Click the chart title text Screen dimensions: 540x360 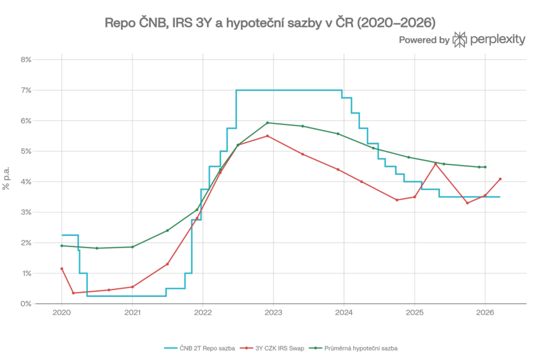270,23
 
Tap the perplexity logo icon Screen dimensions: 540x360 459,40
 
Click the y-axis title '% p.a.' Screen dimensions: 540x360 6,178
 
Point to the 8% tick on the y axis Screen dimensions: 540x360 26,60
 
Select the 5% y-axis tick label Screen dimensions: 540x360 26,151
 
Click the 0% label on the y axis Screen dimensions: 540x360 26,304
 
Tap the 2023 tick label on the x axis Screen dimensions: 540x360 273,313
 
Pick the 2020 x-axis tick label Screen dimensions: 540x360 62,313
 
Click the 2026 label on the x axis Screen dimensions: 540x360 485,313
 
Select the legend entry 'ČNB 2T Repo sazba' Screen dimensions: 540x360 199,348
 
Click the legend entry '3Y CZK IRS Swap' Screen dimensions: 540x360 272,348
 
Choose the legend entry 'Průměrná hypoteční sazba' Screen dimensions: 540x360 353,348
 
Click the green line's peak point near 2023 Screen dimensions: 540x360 267,123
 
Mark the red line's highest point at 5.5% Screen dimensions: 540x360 267,136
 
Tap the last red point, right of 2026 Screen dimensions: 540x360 500,179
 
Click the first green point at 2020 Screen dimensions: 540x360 62,246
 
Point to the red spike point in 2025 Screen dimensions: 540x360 435,164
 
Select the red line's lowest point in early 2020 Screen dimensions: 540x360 73,293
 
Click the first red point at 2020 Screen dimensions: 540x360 62,269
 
